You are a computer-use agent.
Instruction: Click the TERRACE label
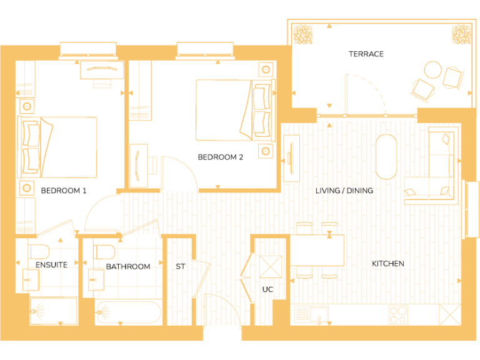click(x=366, y=54)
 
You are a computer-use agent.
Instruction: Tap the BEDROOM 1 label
click(x=64, y=191)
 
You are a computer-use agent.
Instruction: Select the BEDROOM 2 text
click(x=221, y=157)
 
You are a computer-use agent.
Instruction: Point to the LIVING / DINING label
click(x=344, y=191)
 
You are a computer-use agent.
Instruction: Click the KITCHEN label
click(x=387, y=264)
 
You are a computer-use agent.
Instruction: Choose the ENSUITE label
click(x=51, y=265)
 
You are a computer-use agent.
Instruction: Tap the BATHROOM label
click(x=127, y=267)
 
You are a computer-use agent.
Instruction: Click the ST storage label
click(x=180, y=267)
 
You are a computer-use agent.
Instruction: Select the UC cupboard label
click(x=268, y=289)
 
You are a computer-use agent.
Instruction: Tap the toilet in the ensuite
click(x=39, y=252)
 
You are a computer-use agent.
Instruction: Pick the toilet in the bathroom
click(x=103, y=252)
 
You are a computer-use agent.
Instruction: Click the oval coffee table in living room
click(x=386, y=156)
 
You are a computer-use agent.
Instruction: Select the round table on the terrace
click(x=432, y=68)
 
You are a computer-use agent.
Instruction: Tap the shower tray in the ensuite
click(x=53, y=311)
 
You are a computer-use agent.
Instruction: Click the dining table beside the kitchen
click(x=317, y=250)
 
